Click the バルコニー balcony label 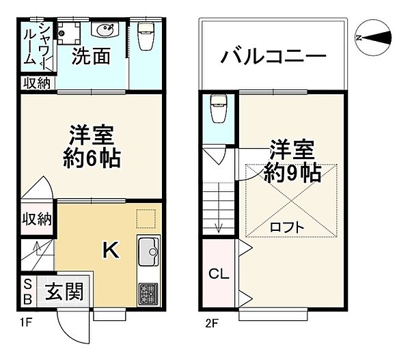[x=272, y=56]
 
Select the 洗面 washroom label [x=92, y=57]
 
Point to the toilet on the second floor [x=217, y=107]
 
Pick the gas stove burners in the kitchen [x=148, y=294]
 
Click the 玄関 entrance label [x=64, y=292]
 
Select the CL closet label [x=219, y=275]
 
